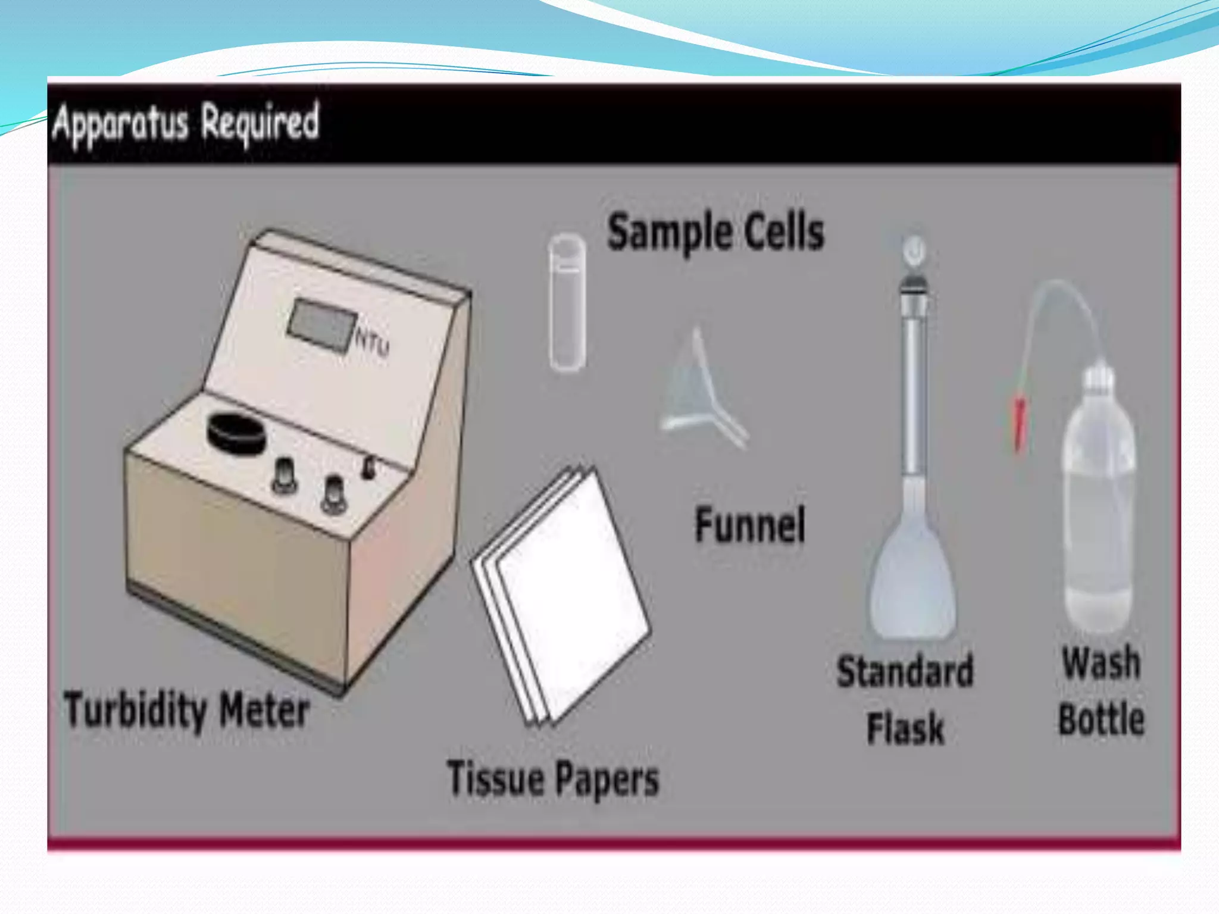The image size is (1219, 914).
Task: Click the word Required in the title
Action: pyautogui.click(x=260, y=122)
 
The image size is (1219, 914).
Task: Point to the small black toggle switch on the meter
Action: pyautogui.click(x=368, y=467)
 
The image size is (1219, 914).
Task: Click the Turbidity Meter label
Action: pyautogui.click(x=187, y=710)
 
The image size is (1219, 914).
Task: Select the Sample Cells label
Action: pyautogui.click(x=715, y=232)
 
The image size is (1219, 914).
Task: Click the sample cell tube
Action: pyautogui.click(x=567, y=303)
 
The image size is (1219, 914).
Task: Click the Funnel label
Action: pyautogui.click(x=750, y=525)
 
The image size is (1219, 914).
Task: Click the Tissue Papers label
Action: pyautogui.click(x=553, y=778)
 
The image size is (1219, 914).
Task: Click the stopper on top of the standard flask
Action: pyautogui.click(x=913, y=253)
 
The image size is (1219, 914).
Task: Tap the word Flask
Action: pyautogui.click(x=905, y=728)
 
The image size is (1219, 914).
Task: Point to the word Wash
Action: pyautogui.click(x=1101, y=663)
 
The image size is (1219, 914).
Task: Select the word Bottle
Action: pyautogui.click(x=1101, y=719)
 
